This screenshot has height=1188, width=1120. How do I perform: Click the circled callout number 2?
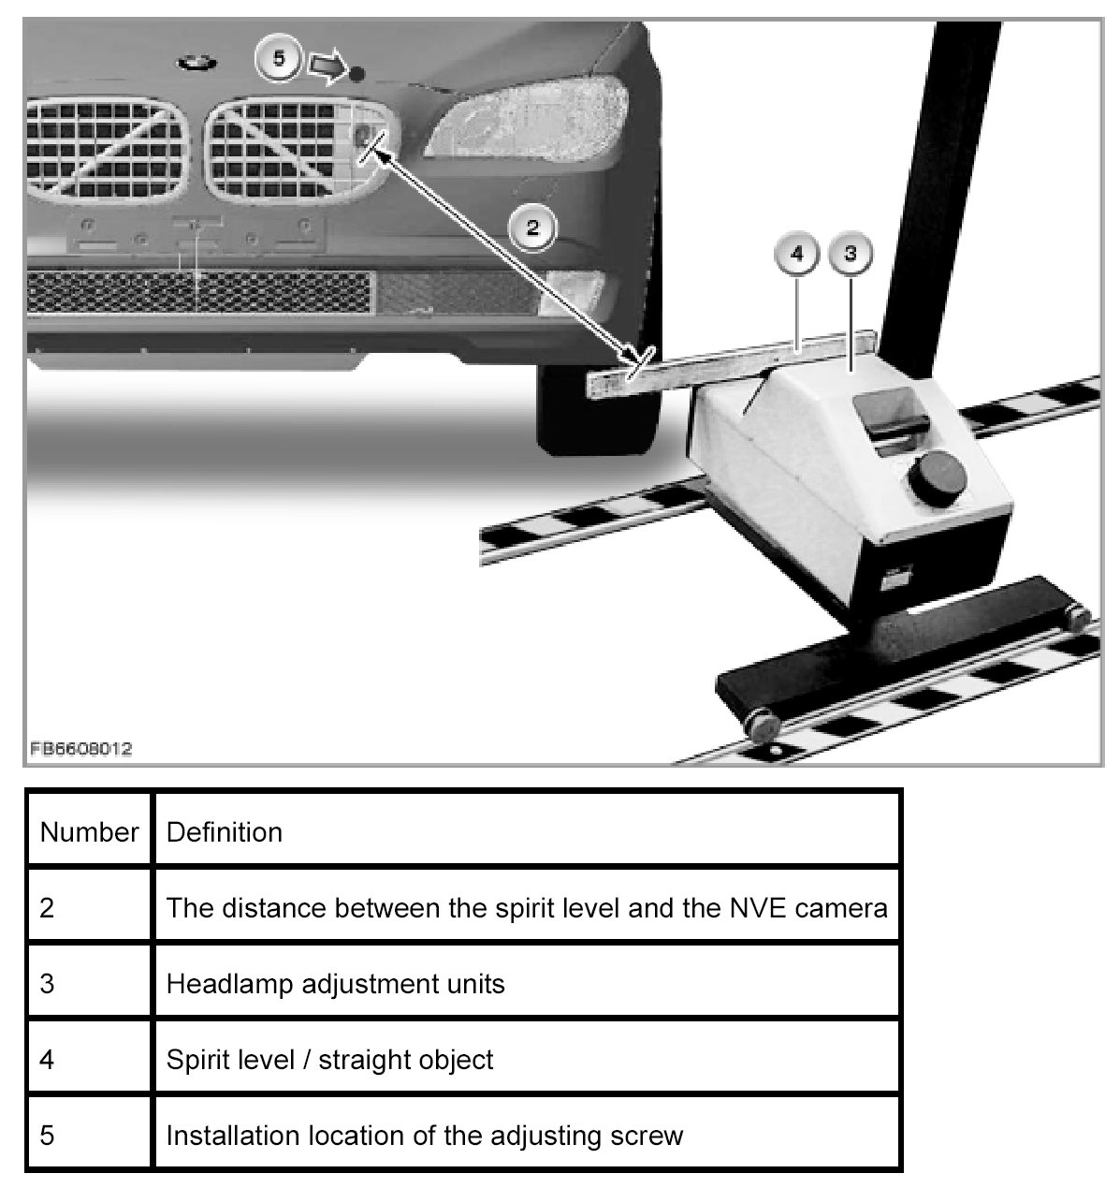532,227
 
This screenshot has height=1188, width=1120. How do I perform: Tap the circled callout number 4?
797,254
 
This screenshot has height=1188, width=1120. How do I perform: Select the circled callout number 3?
851,254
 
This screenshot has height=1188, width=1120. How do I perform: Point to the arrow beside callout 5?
325,66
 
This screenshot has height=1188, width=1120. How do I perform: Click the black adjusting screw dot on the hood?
356,72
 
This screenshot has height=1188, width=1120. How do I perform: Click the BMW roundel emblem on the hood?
194,63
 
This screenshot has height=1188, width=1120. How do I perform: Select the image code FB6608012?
80,749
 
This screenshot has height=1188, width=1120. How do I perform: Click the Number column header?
90,831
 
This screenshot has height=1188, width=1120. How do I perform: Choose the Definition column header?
225,831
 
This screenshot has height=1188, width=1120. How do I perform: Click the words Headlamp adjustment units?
335,984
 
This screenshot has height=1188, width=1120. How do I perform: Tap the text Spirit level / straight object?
329,1060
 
